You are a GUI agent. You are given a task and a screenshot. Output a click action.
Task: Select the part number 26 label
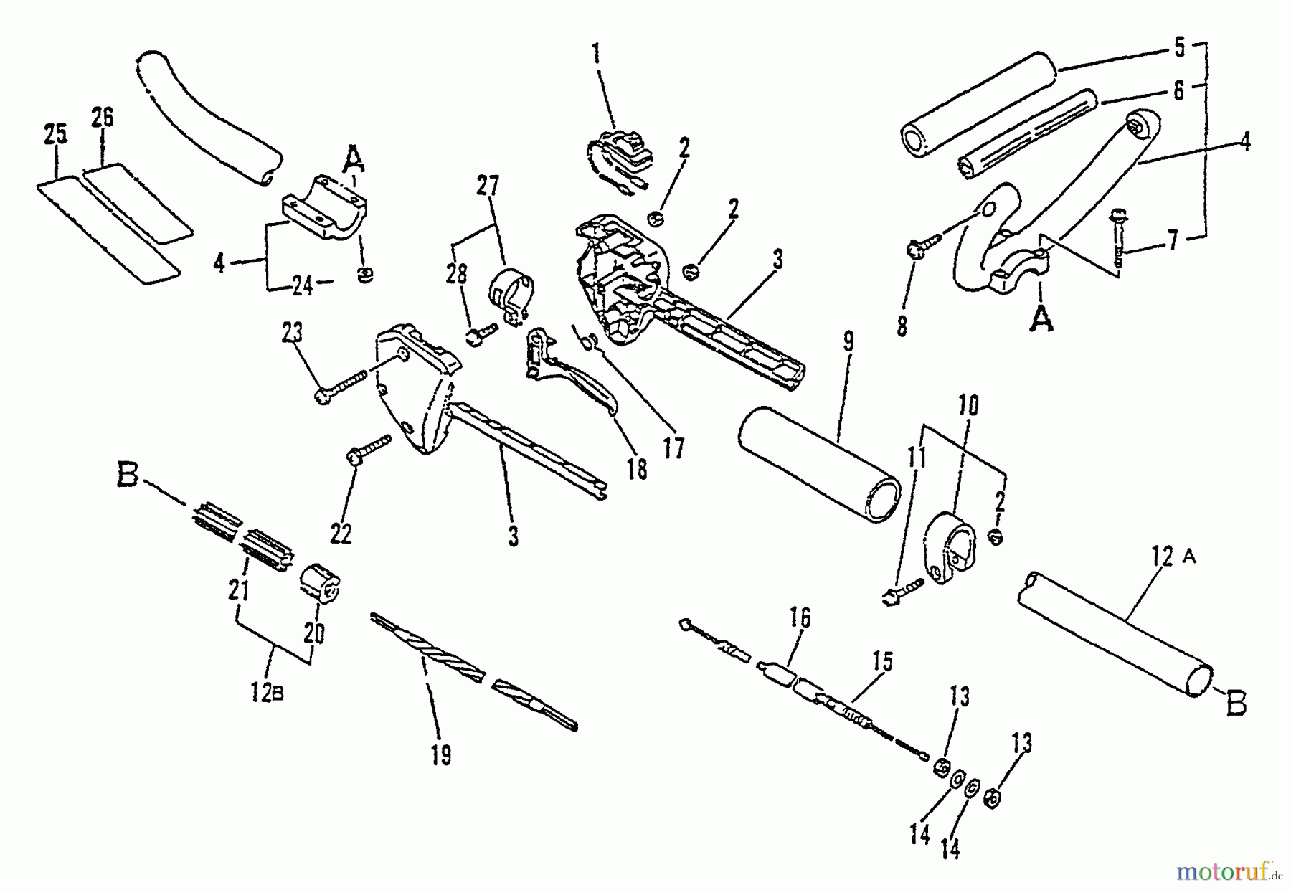coord(102,117)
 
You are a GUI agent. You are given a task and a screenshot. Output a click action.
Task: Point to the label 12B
coord(267,693)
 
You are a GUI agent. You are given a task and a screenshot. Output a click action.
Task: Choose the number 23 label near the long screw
coord(292,333)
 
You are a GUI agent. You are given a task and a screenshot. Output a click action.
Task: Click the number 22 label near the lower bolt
coord(341,533)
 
